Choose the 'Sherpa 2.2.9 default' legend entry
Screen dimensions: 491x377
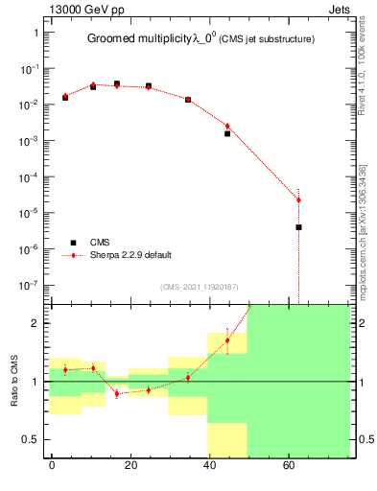tap(131, 255)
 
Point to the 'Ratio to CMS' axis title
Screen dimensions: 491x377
tap(15, 382)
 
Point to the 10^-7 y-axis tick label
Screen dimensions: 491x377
tap(30, 285)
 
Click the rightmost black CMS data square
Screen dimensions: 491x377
tap(299, 227)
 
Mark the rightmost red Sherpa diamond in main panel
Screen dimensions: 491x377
tap(299, 199)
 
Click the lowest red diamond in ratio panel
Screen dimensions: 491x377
tap(117, 394)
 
